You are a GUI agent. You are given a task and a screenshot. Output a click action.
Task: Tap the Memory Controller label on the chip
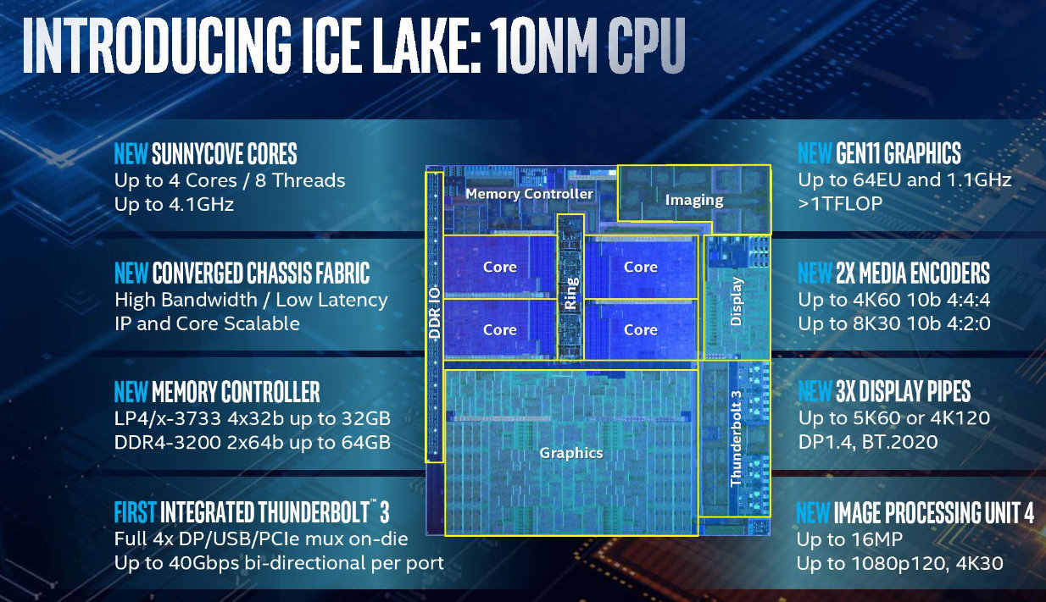529,194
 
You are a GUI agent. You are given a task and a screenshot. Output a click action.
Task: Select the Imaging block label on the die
694,201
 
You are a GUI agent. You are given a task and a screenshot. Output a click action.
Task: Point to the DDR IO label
434,314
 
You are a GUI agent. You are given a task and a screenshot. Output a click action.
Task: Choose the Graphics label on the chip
571,453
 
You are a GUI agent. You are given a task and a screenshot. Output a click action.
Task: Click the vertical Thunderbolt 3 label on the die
736,438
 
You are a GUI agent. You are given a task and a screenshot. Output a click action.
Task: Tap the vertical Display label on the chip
736,301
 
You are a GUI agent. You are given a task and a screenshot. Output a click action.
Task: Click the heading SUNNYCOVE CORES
224,154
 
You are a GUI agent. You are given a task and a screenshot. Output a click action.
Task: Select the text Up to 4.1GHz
174,204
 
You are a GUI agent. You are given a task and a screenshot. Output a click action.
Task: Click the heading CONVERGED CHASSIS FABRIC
260,273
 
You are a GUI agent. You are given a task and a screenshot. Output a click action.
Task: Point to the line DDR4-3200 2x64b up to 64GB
252,442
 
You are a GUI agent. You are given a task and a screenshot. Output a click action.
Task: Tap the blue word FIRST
135,512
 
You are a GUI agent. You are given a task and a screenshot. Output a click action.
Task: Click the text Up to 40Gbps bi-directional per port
279,563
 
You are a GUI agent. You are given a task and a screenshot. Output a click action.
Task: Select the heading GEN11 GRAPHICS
898,154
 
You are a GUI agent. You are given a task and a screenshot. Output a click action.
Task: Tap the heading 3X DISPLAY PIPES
903,392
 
